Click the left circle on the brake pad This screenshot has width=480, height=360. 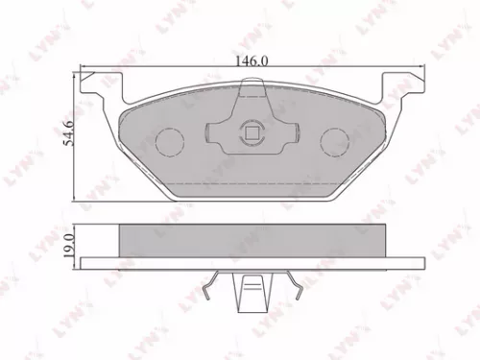(x=170, y=141)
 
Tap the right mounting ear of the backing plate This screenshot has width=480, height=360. (x=403, y=86)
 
